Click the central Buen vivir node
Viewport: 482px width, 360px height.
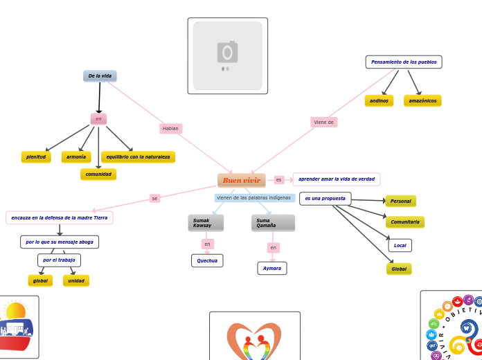point(241,180)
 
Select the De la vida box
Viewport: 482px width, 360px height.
point(100,76)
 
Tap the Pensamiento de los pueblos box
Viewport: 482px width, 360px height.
point(404,62)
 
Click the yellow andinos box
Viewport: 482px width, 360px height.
point(379,101)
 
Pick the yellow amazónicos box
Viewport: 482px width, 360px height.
point(422,101)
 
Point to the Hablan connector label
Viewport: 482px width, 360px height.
point(170,129)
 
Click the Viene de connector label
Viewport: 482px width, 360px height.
point(324,123)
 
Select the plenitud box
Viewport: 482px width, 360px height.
point(36,157)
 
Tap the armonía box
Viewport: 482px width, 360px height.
point(76,157)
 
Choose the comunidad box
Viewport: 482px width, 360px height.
point(98,174)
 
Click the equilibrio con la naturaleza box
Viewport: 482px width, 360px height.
point(138,157)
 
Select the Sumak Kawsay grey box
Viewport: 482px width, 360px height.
point(206,223)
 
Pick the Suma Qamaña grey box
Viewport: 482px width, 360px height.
point(273,223)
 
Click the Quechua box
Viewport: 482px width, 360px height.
point(207,261)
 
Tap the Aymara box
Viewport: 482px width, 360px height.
point(272,268)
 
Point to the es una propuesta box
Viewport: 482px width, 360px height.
point(325,199)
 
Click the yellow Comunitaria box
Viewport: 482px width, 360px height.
point(405,222)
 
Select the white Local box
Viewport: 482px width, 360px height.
point(400,246)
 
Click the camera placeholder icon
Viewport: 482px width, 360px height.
point(227,53)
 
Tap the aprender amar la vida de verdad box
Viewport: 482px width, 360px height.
point(337,179)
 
